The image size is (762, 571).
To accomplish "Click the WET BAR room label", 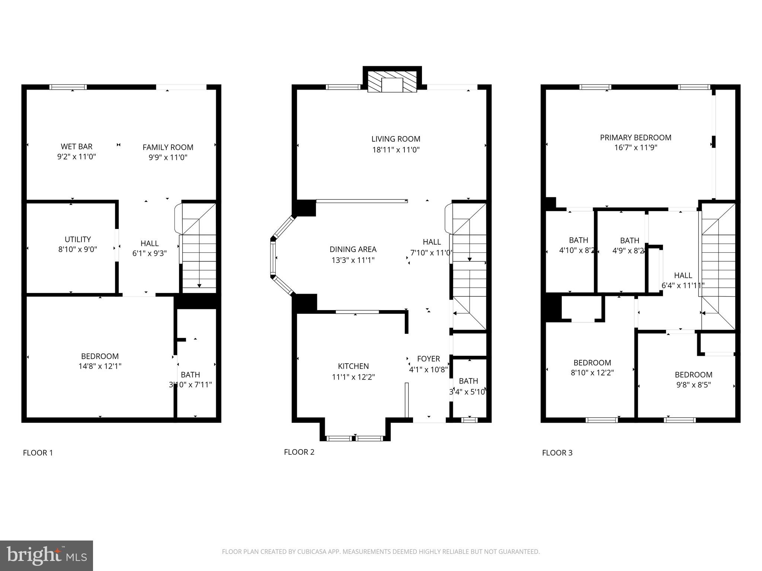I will pyautogui.click(x=77, y=146).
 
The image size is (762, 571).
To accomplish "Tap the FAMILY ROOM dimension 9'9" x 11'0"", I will pyautogui.click(x=168, y=157).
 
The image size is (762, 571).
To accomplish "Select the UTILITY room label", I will pyautogui.click(x=78, y=239).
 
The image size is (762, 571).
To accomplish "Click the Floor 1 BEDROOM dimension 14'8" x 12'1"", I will pyautogui.click(x=100, y=366).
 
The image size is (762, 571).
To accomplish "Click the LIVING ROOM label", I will pyautogui.click(x=396, y=139).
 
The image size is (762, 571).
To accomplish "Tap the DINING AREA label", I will pyautogui.click(x=353, y=249).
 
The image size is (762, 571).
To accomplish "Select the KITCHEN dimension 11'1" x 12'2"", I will pyautogui.click(x=353, y=377).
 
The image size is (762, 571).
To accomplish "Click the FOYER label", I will pyautogui.click(x=429, y=359).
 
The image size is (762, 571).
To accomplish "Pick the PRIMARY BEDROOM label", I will pyautogui.click(x=635, y=138).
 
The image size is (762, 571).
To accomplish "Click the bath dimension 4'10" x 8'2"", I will pyautogui.click(x=577, y=251).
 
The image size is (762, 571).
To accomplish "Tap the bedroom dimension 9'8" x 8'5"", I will pyautogui.click(x=694, y=385).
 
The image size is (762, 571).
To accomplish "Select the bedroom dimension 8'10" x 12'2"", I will pyautogui.click(x=592, y=372).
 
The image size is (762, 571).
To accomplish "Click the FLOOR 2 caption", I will pyautogui.click(x=299, y=452).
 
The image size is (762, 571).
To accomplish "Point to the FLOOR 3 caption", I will pyautogui.click(x=557, y=453).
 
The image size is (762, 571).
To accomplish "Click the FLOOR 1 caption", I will pyautogui.click(x=38, y=453).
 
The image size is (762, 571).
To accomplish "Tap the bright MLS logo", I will pyautogui.click(x=47, y=555).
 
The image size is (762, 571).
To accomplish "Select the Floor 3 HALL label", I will pyautogui.click(x=683, y=275).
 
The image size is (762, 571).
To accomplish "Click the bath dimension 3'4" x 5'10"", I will pyautogui.click(x=468, y=392).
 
